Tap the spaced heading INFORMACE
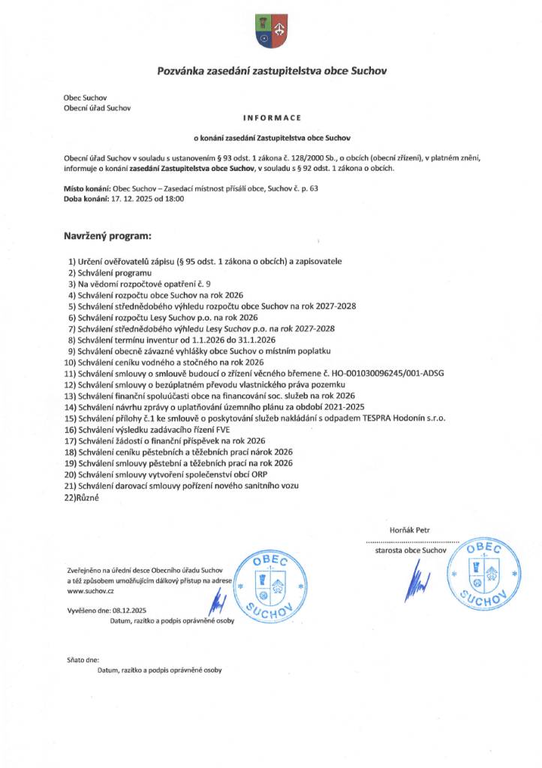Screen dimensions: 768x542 pos(272,118)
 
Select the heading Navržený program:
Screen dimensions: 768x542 pos(107,236)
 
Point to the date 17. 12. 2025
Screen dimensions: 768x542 pos(132,199)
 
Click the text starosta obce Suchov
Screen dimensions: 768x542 pos(410,550)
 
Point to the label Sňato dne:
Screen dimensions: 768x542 pos(83,660)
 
